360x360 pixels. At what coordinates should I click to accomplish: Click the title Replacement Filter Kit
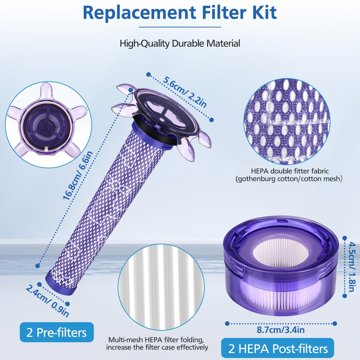[180, 12]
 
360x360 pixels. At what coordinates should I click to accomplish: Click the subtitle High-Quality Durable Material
[180, 43]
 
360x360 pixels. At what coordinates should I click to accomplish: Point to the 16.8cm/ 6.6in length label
[78, 175]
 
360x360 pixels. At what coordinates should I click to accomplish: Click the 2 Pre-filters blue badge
[57, 332]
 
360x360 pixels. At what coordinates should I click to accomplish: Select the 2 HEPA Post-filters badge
[278, 348]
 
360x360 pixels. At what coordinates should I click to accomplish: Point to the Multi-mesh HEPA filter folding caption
[157, 343]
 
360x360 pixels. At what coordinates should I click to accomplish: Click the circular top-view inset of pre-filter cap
[49, 124]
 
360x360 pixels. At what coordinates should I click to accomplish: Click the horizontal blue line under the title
[180, 27]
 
